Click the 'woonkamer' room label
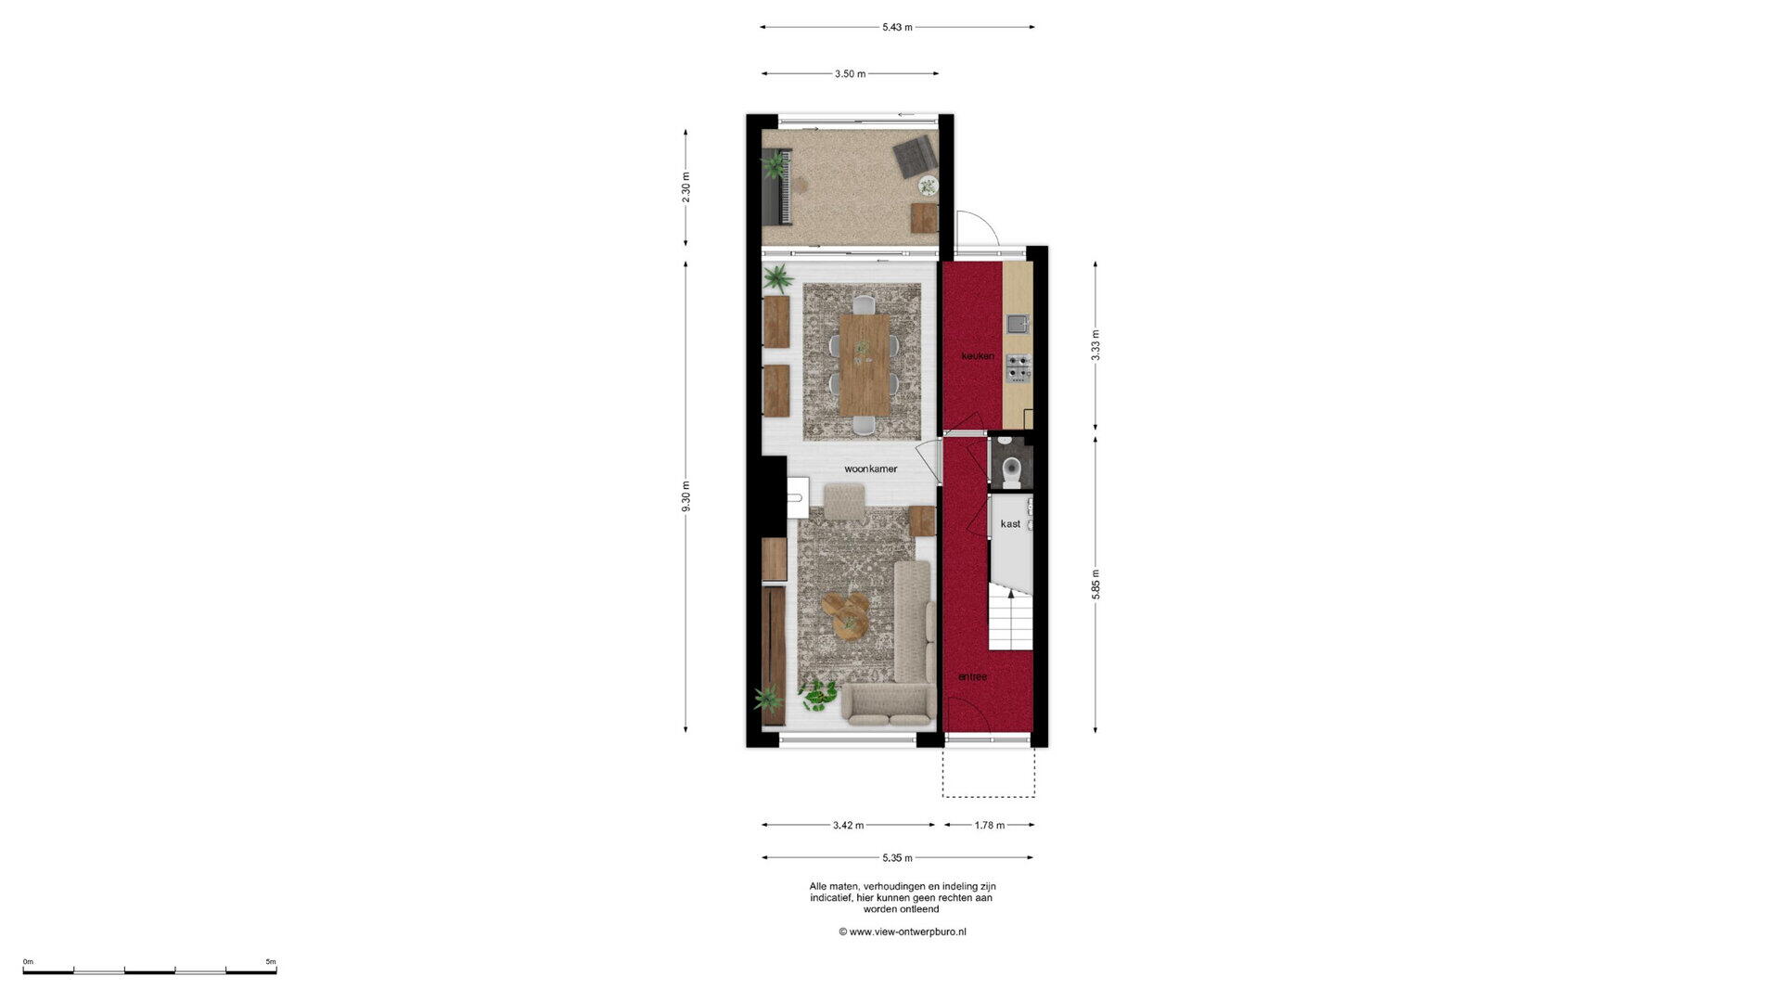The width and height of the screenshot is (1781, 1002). click(x=870, y=469)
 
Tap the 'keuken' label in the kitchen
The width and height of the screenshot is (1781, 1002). click(x=978, y=356)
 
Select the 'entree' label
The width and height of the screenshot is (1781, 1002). click(x=972, y=677)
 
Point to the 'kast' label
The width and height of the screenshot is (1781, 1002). click(x=1010, y=524)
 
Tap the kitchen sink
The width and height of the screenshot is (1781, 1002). click(x=1018, y=323)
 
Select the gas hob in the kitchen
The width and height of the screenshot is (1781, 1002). click(x=1019, y=367)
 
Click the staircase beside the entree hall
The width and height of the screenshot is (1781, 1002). click(x=1010, y=616)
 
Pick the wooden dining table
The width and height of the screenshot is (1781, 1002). click(x=865, y=365)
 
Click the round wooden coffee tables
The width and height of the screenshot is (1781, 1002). click(x=846, y=615)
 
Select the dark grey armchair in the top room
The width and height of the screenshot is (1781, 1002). click(x=916, y=156)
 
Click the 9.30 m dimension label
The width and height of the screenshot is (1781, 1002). click(x=685, y=496)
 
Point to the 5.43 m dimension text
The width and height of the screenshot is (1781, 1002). click(x=897, y=27)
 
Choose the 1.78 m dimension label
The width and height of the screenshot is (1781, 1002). click(x=990, y=825)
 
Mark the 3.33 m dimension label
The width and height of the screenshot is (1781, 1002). click(x=1096, y=345)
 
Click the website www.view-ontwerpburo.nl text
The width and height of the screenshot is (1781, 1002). click(x=903, y=931)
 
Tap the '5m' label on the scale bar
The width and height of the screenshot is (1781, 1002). click(x=271, y=962)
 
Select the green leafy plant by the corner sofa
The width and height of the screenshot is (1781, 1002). click(x=818, y=694)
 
